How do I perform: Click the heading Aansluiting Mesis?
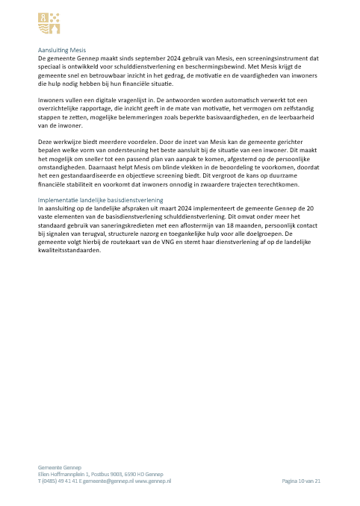62,50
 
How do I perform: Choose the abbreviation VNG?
156,242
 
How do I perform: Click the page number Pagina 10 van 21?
300,481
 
